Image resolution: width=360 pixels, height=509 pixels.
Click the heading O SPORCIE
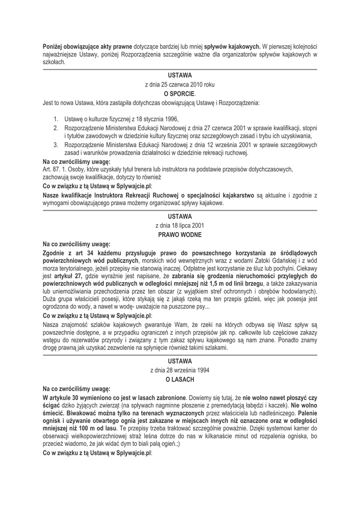pos(180,93)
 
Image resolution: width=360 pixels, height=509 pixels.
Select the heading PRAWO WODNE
pos(180,233)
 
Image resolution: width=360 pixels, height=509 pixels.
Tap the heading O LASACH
pos(180,379)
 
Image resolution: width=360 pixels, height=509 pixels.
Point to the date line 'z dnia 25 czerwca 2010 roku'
pos(180,85)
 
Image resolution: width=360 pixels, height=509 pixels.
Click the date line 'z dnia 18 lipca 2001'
pos(180,225)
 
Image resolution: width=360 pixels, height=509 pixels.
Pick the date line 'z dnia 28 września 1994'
pos(180,371)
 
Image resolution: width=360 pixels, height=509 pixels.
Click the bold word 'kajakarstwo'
pos(235,195)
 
